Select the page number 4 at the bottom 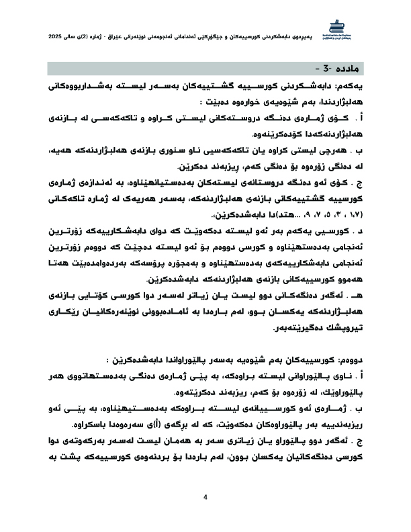pos(205,498)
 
